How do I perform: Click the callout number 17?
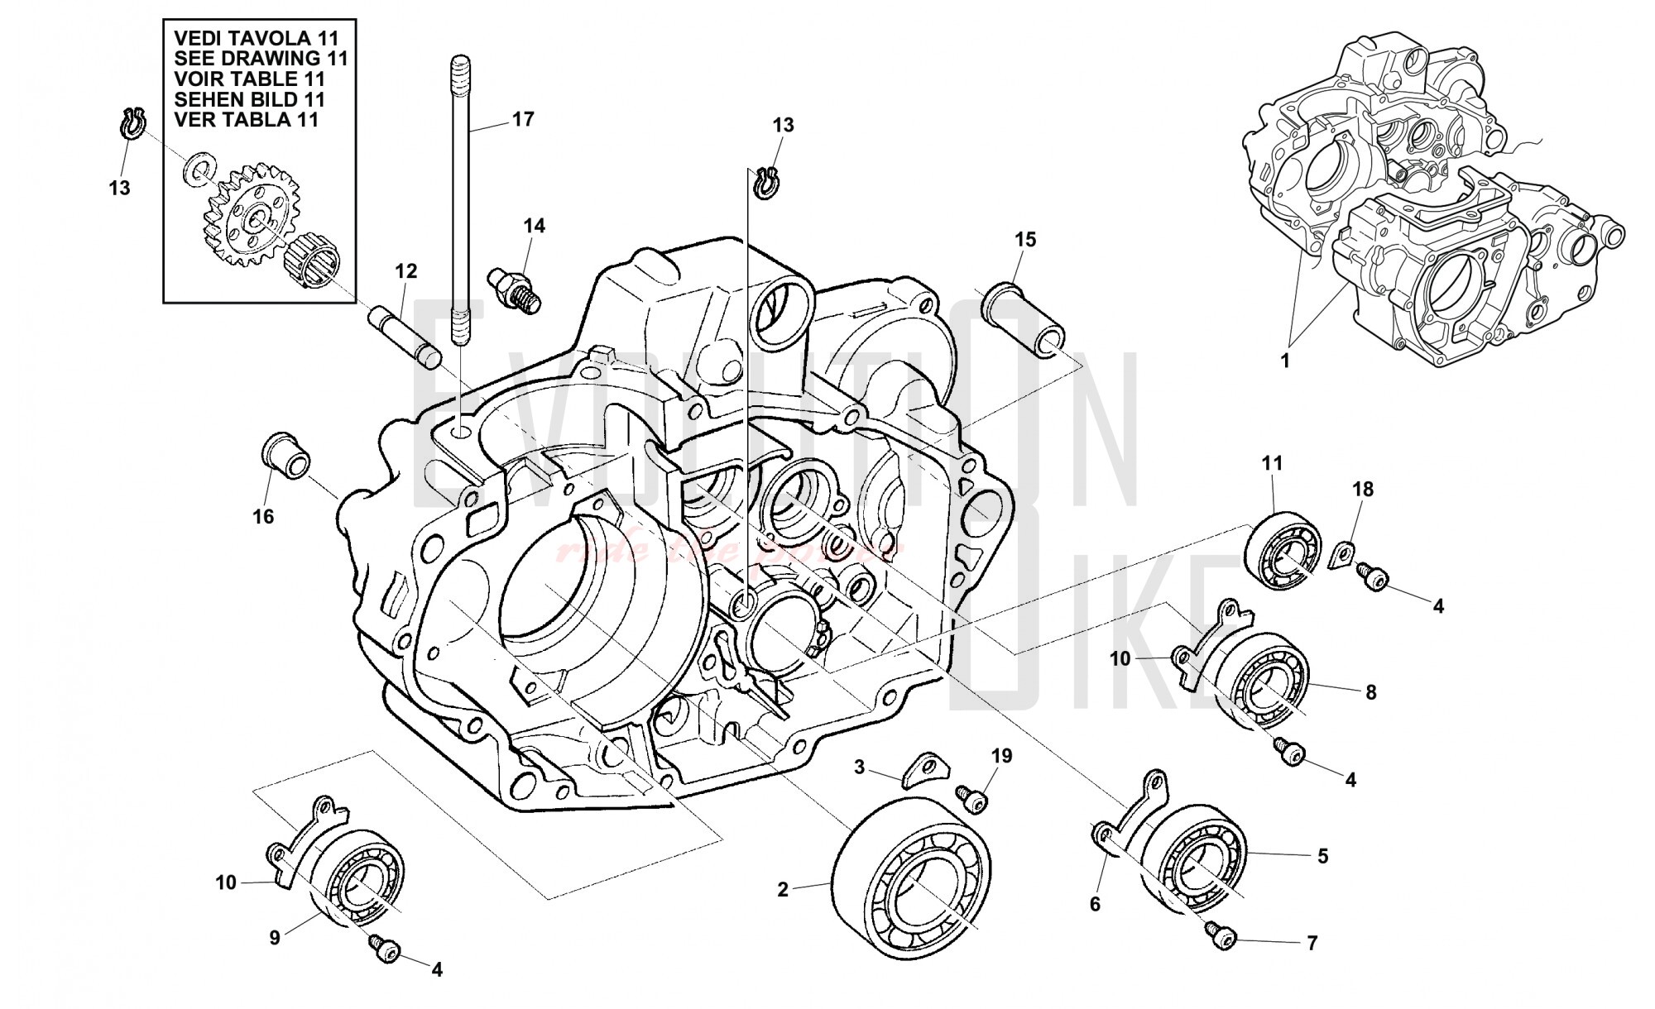coord(523,119)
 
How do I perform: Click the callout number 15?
coord(1025,240)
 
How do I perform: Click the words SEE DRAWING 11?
coord(261,59)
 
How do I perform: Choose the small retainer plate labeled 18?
coord(1345,553)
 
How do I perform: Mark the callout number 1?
coord(1285,361)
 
